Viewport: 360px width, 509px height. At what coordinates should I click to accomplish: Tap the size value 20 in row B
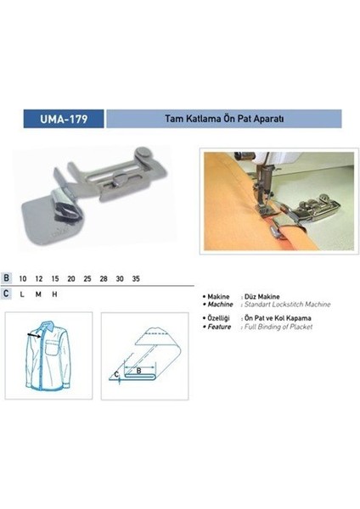pos(71,277)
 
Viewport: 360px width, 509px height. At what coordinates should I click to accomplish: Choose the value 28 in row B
pos(104,277)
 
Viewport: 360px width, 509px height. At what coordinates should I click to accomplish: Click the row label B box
pos(7,277)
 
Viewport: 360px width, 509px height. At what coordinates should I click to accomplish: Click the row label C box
pos(7,293)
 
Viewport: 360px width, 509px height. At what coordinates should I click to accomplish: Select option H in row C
pos(55,293)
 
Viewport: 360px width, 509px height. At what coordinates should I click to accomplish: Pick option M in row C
pos(38,293)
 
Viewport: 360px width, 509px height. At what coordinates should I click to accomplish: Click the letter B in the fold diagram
pos(150,370)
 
